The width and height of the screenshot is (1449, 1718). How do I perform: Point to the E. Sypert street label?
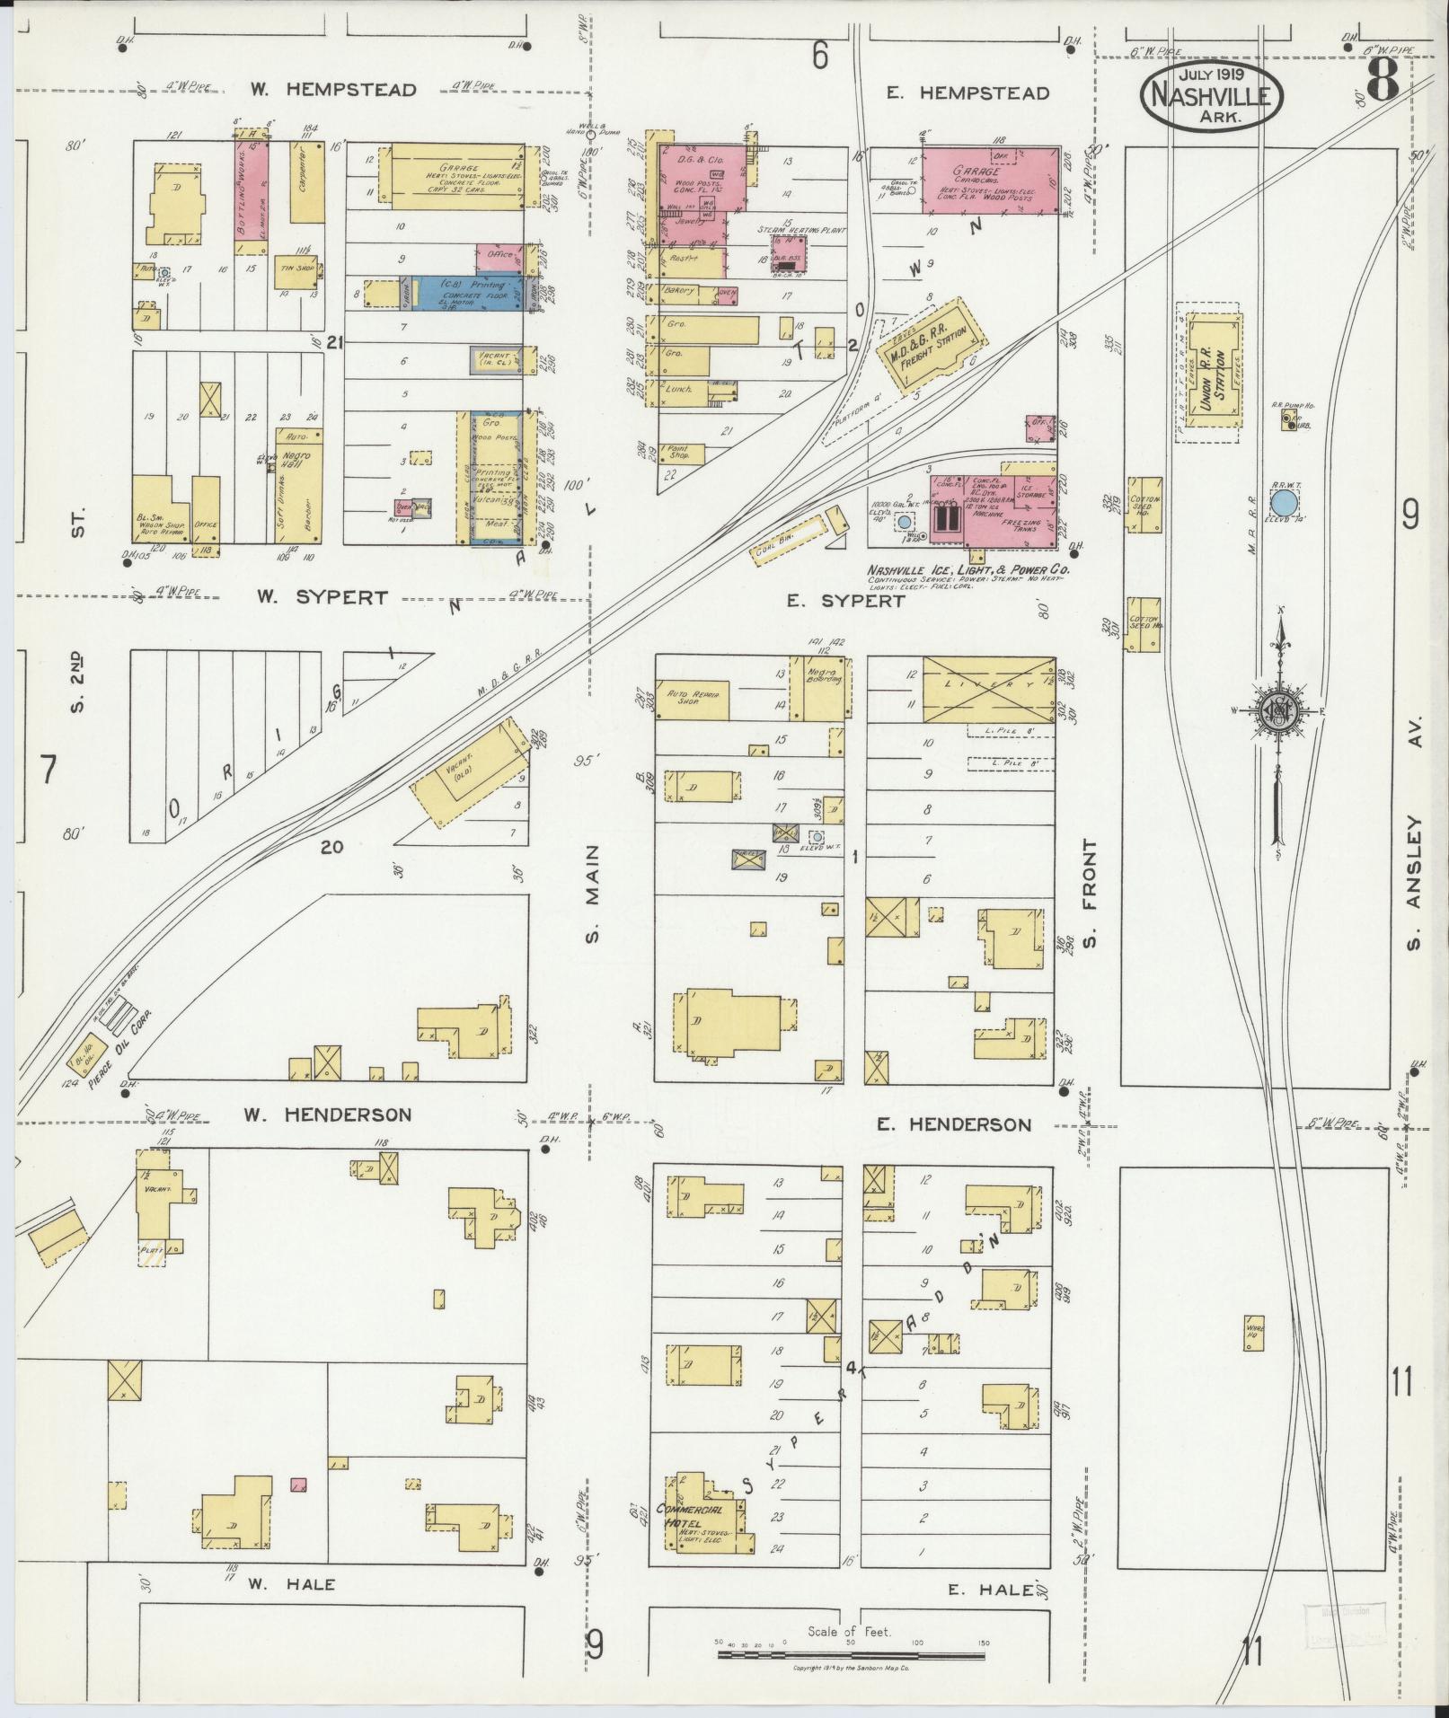844,602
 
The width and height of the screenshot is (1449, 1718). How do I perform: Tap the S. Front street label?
1091,893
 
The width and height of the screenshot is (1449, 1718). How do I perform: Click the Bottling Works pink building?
252,189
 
